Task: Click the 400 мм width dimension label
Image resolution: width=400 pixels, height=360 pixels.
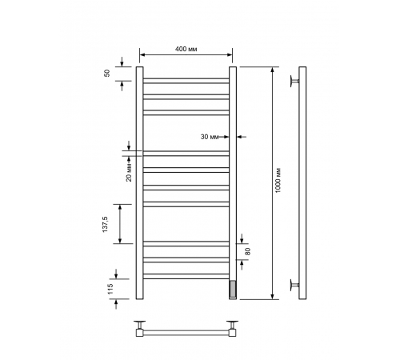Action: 186,49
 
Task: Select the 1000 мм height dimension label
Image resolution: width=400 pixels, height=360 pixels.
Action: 278,180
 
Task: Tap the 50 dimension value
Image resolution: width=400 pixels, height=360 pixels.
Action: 107,73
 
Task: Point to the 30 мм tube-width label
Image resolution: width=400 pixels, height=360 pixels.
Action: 210,137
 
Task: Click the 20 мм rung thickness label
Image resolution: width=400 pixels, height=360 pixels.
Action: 129,172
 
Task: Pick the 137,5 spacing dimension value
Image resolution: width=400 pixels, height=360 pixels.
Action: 106,224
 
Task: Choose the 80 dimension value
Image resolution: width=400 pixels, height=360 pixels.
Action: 248,251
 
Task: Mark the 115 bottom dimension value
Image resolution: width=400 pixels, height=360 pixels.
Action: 110,289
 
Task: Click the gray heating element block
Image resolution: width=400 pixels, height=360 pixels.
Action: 233,289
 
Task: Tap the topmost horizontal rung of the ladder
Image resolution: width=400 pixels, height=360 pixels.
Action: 186,81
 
